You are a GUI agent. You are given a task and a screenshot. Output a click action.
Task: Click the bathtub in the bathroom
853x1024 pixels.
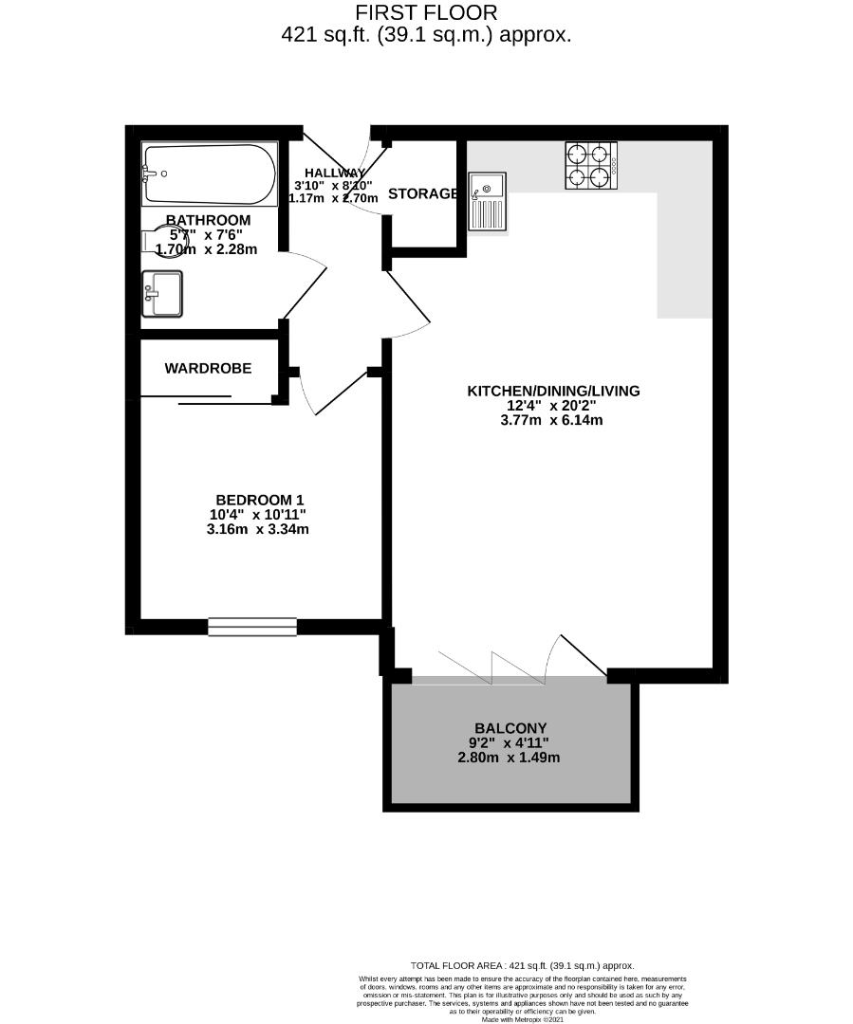(x=209, y=174)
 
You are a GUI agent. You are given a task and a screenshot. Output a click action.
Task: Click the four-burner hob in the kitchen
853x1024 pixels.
(x=590, y=165)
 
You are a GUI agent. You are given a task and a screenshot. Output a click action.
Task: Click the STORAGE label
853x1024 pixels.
(x=423, y=193)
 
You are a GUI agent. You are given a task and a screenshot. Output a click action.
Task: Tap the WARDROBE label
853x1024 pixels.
(x=208, y=368)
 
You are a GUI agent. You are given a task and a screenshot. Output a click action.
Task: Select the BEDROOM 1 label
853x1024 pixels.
(x=260, y=500)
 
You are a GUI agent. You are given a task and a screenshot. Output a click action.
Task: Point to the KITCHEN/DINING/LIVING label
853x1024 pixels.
(x=554, y=391)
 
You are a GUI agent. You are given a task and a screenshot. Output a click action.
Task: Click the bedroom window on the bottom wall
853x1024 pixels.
(x=252, y=626)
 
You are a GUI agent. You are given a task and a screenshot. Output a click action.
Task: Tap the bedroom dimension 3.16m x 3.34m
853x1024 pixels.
(x=258, y=530)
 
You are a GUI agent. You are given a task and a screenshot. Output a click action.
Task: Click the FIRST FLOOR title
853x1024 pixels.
(x=426, y=13)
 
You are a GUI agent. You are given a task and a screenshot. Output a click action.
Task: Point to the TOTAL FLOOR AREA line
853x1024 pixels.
(x=521, y=965)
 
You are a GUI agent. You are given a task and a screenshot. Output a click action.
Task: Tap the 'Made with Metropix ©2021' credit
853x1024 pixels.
(x=522, y=1019)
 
